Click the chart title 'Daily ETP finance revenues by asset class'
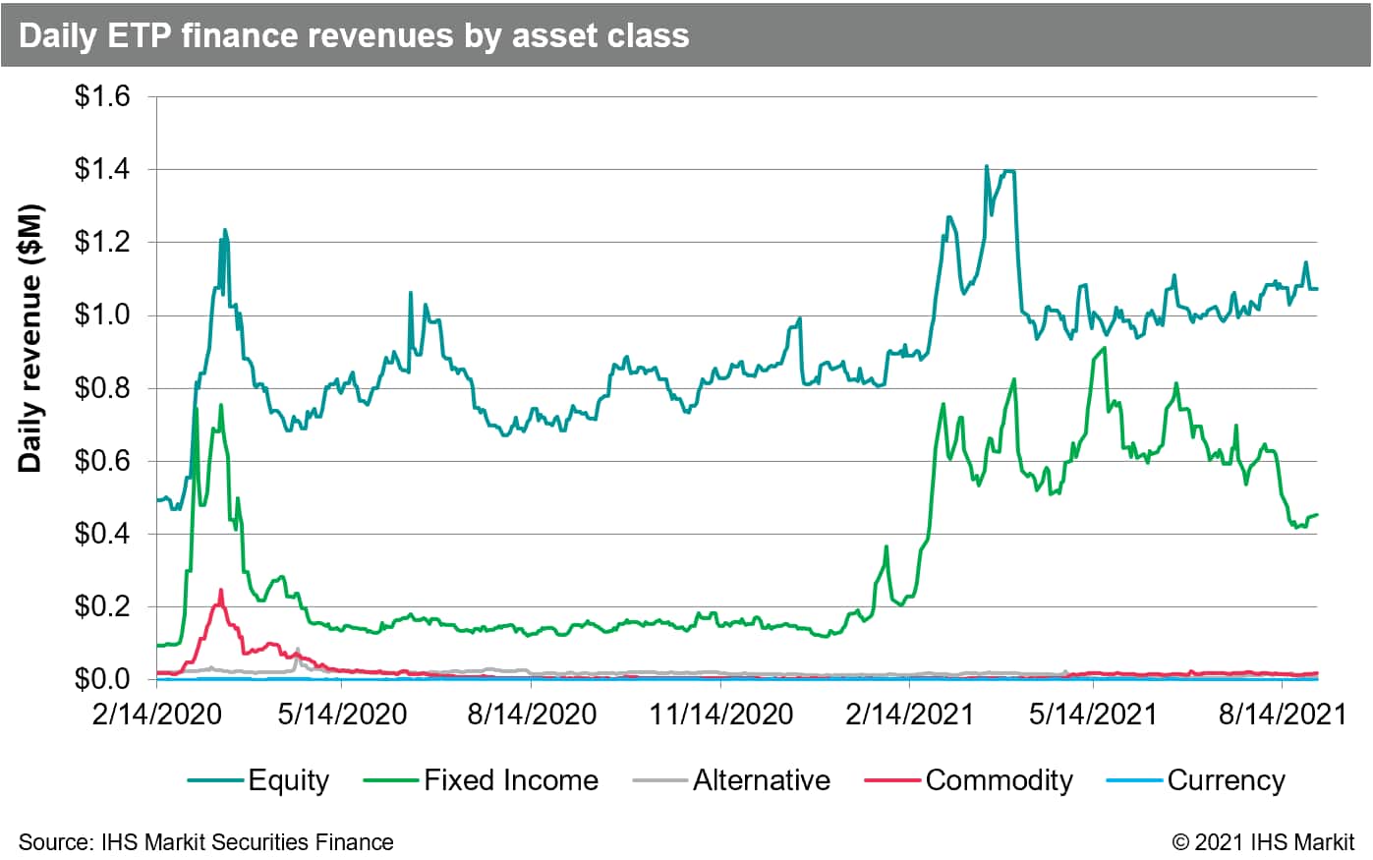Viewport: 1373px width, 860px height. click(x=354, y=35)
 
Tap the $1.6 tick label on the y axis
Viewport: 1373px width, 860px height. click(x=103, y=97)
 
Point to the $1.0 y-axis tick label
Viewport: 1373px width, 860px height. click(x=103, y=315)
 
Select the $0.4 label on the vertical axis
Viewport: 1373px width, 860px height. click(x=103, y=534)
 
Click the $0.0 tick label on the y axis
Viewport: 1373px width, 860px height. click(x=103, y=679)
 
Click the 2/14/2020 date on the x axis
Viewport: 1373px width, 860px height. click(x=156, y=715)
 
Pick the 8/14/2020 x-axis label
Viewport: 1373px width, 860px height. click(x=532, y=715)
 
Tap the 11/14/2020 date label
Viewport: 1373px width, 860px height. click(x=721, y=715)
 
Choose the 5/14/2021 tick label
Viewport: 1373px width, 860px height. click(x=1093, y=715)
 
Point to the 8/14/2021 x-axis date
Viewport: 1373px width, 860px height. click(x=1282, y=715)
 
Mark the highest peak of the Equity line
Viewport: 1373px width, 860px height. click(x=986, y=167)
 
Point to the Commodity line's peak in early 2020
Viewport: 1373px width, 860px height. click(x=220, y=591)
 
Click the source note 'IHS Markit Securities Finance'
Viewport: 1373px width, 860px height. click(x=206, y=842)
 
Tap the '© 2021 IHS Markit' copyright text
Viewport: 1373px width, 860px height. click(x=1263, y=842)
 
